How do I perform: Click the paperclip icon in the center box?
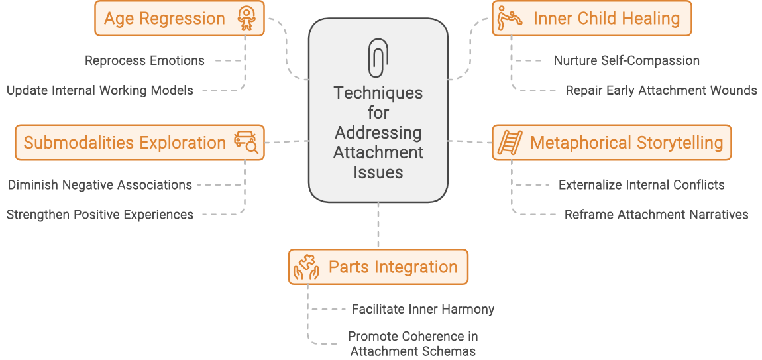pyautogui.click(x=378, y=58)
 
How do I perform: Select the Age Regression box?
pyautogui.click(x=180, y=18)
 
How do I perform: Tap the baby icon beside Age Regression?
pyautogui.click(x=246, y=19)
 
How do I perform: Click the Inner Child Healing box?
pyautogui.click(x=591, y=18)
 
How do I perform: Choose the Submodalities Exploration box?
pyautogui.click(x=140, y=143)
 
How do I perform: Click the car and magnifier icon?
pyautogui.click(x=246, y=143)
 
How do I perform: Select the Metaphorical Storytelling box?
pyautogui.click(x=611, y=143)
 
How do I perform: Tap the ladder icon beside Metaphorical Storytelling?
pyautogui.click(x=511, y=143)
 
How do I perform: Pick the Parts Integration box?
pyautogui.click(x=378, y=267)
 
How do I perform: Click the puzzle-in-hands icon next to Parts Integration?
pyautogui.click(x=307, y=268)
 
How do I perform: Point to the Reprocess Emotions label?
pyautogui.click(x=144, y=60)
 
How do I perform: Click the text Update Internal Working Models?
pyautogui.click(x=100, y=90)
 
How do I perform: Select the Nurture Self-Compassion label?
pyautogui.click(x=626, y=60)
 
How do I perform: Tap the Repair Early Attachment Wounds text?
pyautogui.click(x=661, y=90)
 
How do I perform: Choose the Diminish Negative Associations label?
pyautogui.click(x=100, y=185)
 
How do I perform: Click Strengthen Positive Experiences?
pyautogui.click(x=100, y=215)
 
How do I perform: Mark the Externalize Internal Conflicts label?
pyautogui.click(x=641, y=185)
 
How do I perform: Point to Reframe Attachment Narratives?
pyautogui.click(x=656, y=215)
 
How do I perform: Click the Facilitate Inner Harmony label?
pyautogui.click(x=423, y=309)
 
